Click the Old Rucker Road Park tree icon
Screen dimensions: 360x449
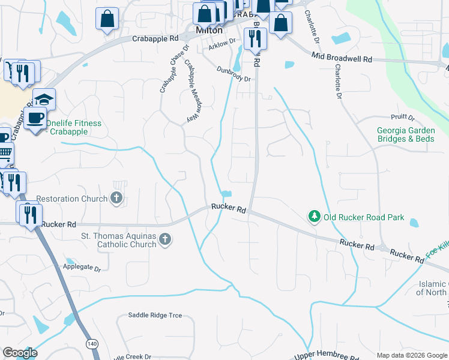pos(313,217)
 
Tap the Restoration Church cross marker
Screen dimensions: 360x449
pos(117,198)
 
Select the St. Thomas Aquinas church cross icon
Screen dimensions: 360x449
pos(165,240)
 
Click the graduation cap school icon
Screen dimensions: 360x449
pos(44,98)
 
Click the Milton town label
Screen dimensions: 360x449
pos(209,30)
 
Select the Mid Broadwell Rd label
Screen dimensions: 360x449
pos(342,59)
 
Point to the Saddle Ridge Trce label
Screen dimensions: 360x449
pos(155,315)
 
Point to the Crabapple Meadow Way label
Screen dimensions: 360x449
pos(190,92)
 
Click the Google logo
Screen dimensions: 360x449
pos(20,353)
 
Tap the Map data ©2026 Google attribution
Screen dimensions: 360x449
pos(412,355)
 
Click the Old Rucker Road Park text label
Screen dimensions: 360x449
pos(364,217)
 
